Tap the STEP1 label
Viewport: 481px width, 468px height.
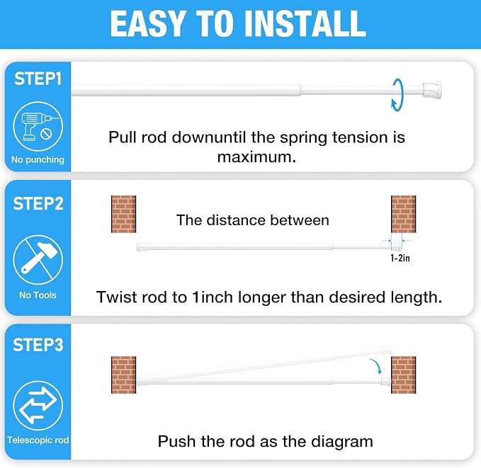[x=38, y=79]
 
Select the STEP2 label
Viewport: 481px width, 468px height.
[x=38, y=204]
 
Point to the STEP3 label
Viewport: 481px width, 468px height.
[x=38, y=345]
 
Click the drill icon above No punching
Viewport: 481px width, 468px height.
[x=38, y=126]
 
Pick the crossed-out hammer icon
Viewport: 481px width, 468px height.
[x=38, y=260]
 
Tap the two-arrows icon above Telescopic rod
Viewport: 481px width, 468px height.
[x=38, y=406]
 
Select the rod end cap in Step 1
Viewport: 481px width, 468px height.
[x=432, y=90]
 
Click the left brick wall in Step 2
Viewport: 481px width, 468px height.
[x=124, y=214]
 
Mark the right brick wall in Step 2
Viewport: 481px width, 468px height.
[x=404, y=214]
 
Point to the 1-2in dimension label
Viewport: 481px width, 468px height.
[x=400, y=258]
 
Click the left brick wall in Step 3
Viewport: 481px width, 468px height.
[x=124, y=375]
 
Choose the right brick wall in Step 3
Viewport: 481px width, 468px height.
[x=404, y=375]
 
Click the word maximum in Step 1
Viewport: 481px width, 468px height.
[x=256, y=157]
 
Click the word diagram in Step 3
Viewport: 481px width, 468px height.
[x=342, y=443]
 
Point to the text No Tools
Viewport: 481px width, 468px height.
[x=38, y=295]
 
